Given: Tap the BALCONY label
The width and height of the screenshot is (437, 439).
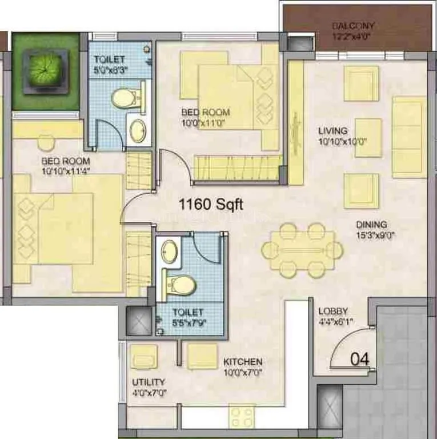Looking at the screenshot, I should pyautogui.click(x=354, y=26).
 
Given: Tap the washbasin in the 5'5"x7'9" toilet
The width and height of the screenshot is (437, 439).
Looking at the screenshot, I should pyautogui.click(x=169, y=252).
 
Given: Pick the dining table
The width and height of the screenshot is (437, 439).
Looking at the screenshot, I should pyautogui.click(x=302, y=250).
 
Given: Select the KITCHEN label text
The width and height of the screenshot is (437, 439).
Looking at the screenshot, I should pyautogui.click(x=243, y=362).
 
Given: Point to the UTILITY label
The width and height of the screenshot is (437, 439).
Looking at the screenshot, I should pyautogui.click(x=149, y=382).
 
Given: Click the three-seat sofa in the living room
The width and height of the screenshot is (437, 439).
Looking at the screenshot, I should pyautogui.click(x=409, y=129).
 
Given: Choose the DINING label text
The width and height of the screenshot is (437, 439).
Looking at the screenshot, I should pyautogui.click(x=371, y=225).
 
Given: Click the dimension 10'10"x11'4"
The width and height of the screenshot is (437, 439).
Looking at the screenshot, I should pyautogui.click(x=66, y=170).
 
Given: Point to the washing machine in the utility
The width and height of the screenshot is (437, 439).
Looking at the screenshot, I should pyautogui.click(x=141, y=358).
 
